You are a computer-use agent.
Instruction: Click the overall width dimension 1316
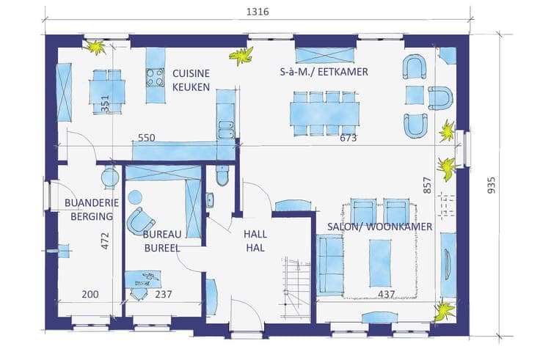click(x=258, y=12)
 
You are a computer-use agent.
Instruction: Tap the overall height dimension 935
click(x=492, y=185)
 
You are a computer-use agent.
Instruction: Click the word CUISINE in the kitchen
click(x=191, y=73)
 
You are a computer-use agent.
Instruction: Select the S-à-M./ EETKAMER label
click(x=324, y=72)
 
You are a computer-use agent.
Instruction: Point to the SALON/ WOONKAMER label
click(x=379, y=227)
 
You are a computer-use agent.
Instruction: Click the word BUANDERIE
click(x=92, y=202)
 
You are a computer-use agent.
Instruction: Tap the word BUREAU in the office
click(x=162, y=235)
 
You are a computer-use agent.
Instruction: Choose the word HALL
click(x=255, y=235)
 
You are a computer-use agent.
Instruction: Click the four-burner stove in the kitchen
click(x=156, y=78)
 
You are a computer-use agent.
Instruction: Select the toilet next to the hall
click(x=222, y=175)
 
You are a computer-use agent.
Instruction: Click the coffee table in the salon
click(x=380, y=263)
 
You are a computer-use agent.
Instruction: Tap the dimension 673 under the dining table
click(x=349, y=138)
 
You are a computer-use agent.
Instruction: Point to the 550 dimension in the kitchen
click(x=146, y=138)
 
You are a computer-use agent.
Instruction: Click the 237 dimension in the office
click(x=163, y=294)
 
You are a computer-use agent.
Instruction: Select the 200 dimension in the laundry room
click(x=90, y=294)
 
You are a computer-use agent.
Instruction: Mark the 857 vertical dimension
click(x=427, y=185)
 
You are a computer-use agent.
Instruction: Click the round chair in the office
click(x=140, y=221)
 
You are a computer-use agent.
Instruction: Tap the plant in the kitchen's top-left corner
click(x=95, y=47)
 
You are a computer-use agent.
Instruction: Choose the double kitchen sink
click(x=226, y=129)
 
